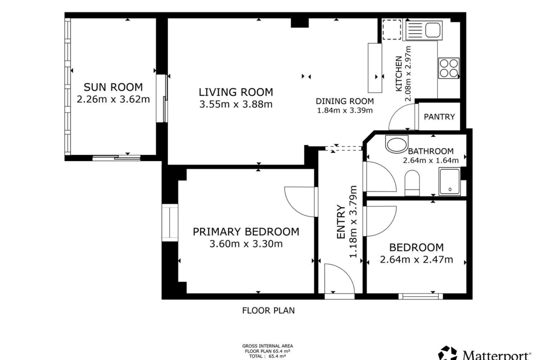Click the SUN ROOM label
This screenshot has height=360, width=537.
tap(113, 87)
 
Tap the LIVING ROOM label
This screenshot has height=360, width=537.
tap(236, 92)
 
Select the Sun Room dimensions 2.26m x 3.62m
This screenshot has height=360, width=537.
tap(113, 99)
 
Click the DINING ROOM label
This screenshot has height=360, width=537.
tap(345, 101)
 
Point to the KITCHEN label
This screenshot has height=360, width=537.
tap(399, 74)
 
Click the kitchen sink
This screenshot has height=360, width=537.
tap(423, 30)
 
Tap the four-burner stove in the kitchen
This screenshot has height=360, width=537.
tap(448, 68)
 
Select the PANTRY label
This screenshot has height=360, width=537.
tap(439, 116)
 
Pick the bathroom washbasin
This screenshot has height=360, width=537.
tap(397, 144)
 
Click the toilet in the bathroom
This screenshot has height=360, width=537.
tap(412, 183)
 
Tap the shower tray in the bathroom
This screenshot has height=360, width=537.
tap(450, 182)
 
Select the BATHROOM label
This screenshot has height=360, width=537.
tap(431, 151)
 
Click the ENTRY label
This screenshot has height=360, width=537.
tap(341, 222)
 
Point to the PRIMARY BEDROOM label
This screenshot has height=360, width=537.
tap(246, 232)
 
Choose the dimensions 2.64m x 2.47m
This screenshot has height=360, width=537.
tap(416, 260)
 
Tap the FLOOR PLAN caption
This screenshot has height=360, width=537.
tap(268, 310)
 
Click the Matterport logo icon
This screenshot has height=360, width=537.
tap(447, 354)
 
